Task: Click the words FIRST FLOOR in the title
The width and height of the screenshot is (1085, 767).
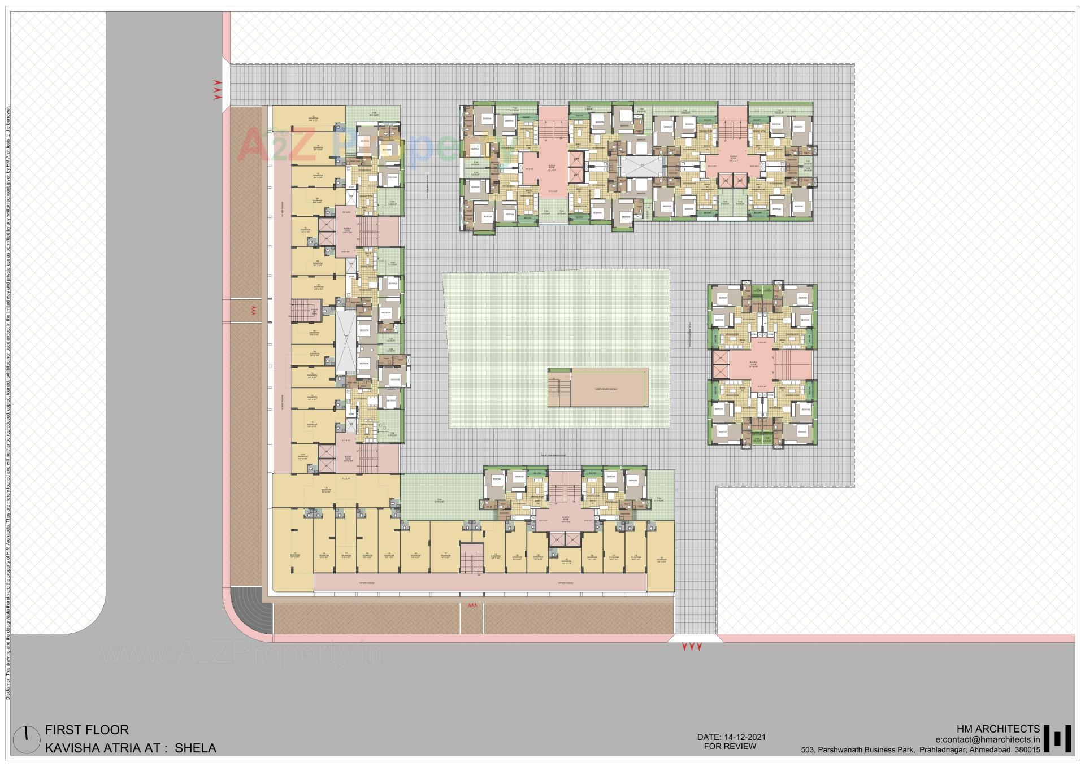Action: point(87,730)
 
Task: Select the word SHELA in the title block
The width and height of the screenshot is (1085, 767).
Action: point(196,748)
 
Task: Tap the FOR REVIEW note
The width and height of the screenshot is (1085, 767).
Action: point(730,746)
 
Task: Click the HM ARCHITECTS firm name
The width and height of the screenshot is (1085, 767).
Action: point(998,729)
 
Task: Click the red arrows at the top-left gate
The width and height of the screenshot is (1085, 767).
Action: point(217,90)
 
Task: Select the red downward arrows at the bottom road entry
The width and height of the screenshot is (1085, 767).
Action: point(692,647)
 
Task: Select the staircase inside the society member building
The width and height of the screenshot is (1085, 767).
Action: point(559,388)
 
